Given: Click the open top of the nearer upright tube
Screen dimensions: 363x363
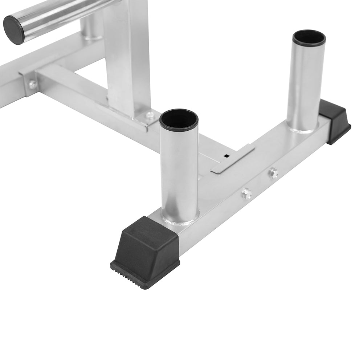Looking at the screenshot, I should tap(179, 120).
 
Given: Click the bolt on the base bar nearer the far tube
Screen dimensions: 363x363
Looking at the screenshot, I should tap(273, 173).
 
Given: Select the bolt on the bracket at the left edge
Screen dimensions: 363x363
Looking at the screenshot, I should tap(33, 85).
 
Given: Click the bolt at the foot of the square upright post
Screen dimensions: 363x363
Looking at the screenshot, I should tap(150, 115).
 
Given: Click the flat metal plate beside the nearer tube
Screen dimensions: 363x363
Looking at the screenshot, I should tap(232, 158).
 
